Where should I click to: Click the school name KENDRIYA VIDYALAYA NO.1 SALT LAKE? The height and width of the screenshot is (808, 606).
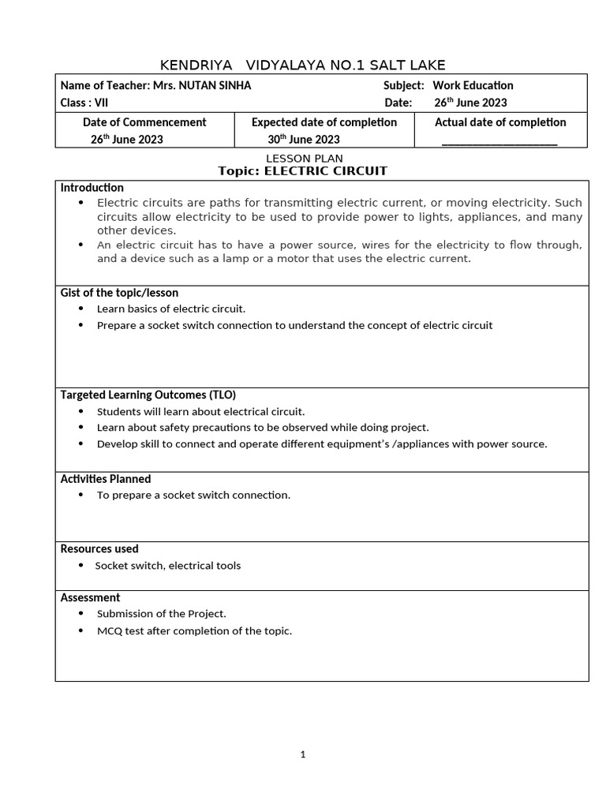pos(303,65)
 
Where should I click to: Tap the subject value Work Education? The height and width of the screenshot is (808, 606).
pos(473,86)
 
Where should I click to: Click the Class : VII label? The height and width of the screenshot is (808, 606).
pos(84,103)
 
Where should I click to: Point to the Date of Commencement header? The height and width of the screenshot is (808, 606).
pos(144,122)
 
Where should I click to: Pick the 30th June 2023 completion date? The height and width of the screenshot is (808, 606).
pos(304,140)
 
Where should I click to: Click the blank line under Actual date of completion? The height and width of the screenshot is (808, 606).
pos(499,141)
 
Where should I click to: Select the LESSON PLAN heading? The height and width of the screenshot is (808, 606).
pos(303,159)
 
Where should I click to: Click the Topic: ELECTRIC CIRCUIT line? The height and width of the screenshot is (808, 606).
pos(303,171)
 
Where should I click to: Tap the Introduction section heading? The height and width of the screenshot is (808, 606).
pos(92,188)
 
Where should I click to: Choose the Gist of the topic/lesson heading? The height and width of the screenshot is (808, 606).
pos(119,293)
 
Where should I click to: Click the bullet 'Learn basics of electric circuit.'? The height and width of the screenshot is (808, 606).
pos(171,309)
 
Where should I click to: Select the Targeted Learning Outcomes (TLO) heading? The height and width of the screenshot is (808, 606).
pos(148,395)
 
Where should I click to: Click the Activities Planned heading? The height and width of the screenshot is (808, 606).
pos(106,479)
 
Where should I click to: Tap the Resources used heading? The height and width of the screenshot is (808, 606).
pos(99,549)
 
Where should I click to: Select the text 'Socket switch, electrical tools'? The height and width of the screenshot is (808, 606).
pos(168,566)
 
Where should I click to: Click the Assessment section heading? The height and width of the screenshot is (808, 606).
pos(91,598)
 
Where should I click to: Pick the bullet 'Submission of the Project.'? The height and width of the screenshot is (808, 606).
pos(162,614)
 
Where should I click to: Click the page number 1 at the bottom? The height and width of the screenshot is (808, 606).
pos(303,755)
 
